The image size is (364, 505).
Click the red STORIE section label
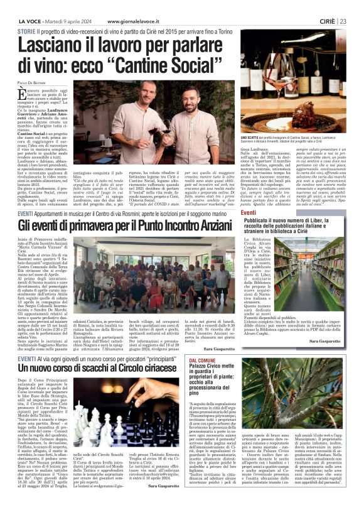tap(27, 30)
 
